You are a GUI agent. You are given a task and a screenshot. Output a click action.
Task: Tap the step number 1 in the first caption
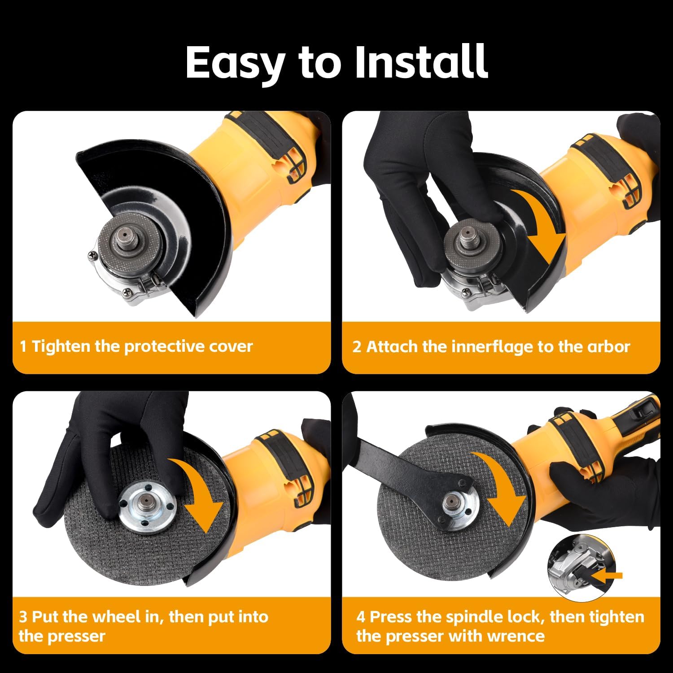(x=23, y=346)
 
